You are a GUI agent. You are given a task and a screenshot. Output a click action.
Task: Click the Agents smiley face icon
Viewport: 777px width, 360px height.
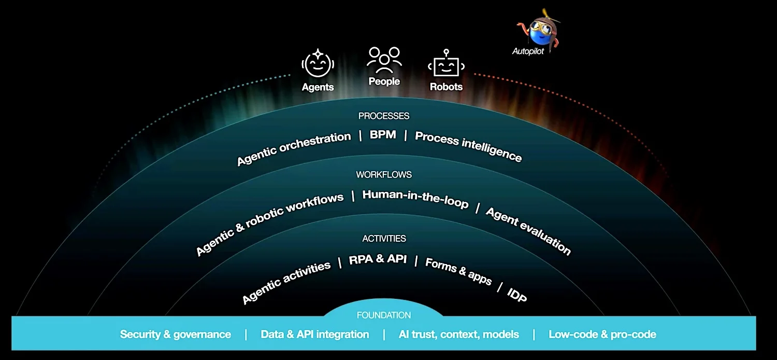(318, 64)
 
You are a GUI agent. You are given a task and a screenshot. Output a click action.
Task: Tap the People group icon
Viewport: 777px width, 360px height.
(384, 60)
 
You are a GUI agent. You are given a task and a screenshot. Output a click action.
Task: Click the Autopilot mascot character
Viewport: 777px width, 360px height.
(539, 29)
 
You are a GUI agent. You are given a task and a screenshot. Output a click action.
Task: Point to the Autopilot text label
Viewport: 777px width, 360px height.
(528, 51)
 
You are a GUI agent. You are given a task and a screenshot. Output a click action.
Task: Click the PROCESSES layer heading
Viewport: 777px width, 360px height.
(384, 116)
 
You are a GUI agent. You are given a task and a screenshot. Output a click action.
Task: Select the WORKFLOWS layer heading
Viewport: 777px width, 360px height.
(384, 174)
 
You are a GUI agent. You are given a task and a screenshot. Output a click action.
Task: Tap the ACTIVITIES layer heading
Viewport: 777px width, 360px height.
(384, 239)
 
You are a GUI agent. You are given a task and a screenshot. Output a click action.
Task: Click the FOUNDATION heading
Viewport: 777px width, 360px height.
(384, 315)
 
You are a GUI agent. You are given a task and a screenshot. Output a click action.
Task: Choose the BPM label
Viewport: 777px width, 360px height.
(383, 134)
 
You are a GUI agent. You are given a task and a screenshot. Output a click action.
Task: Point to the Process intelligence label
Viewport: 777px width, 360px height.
(468, 146)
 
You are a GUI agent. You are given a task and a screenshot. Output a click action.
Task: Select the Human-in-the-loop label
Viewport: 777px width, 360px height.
(415, 199)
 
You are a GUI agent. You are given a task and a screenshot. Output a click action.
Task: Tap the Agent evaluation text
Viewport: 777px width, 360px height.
(528, 231)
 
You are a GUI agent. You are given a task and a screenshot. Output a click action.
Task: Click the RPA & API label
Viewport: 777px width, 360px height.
(378, 259)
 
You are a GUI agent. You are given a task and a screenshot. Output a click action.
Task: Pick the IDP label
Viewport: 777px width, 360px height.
(517, 295)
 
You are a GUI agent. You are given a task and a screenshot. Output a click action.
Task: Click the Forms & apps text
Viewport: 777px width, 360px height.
(458, 271)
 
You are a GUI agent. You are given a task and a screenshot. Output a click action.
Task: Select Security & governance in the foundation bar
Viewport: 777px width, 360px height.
(176, 334)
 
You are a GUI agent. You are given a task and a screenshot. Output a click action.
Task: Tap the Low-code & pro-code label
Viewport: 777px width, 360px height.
(602, 334)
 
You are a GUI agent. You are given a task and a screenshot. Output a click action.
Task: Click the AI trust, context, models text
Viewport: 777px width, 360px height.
(458, 334)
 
